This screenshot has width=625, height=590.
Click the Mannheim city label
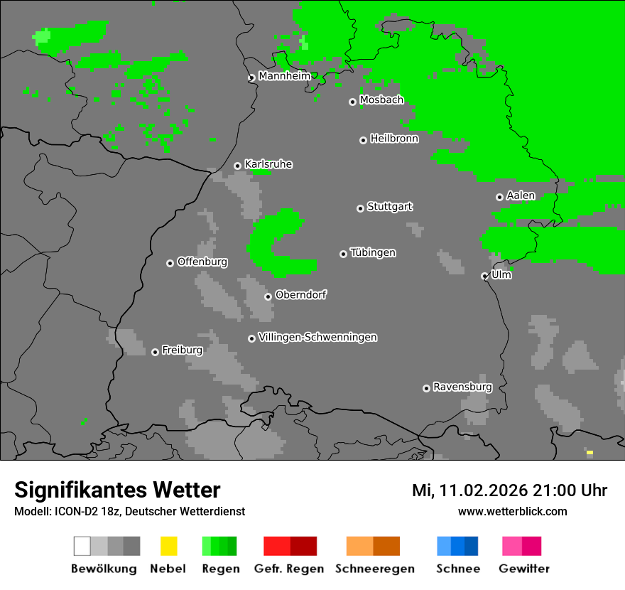tap(284, 76)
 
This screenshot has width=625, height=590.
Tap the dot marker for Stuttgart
tap(360, 208)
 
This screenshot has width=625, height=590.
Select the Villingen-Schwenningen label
tap(317, 337)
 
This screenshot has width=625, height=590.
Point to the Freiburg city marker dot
tap(155, 352)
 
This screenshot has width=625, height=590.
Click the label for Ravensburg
tap(462, 387)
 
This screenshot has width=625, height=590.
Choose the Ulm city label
tap(501, 274)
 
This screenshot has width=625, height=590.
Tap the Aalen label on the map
tap(521, 195)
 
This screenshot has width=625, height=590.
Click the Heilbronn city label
tap(394, 139)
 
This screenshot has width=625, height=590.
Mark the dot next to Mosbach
tap(352, 102)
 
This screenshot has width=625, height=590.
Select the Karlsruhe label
tap(268, 164)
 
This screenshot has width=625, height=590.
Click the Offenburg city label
tap(202, 262)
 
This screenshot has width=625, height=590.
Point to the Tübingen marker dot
tap(343, 254)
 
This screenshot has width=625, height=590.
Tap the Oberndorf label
tap(300, 295)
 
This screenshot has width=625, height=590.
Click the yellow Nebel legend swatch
tap(168, 546)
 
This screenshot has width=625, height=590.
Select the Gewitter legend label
tap(523, 569)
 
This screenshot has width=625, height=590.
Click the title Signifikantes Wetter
tap(117, 490)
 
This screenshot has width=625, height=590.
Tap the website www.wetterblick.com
tap(512, 511)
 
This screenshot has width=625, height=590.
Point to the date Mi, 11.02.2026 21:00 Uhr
tap(509, 490)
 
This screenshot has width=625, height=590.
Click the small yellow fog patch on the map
tap(589, 452)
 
